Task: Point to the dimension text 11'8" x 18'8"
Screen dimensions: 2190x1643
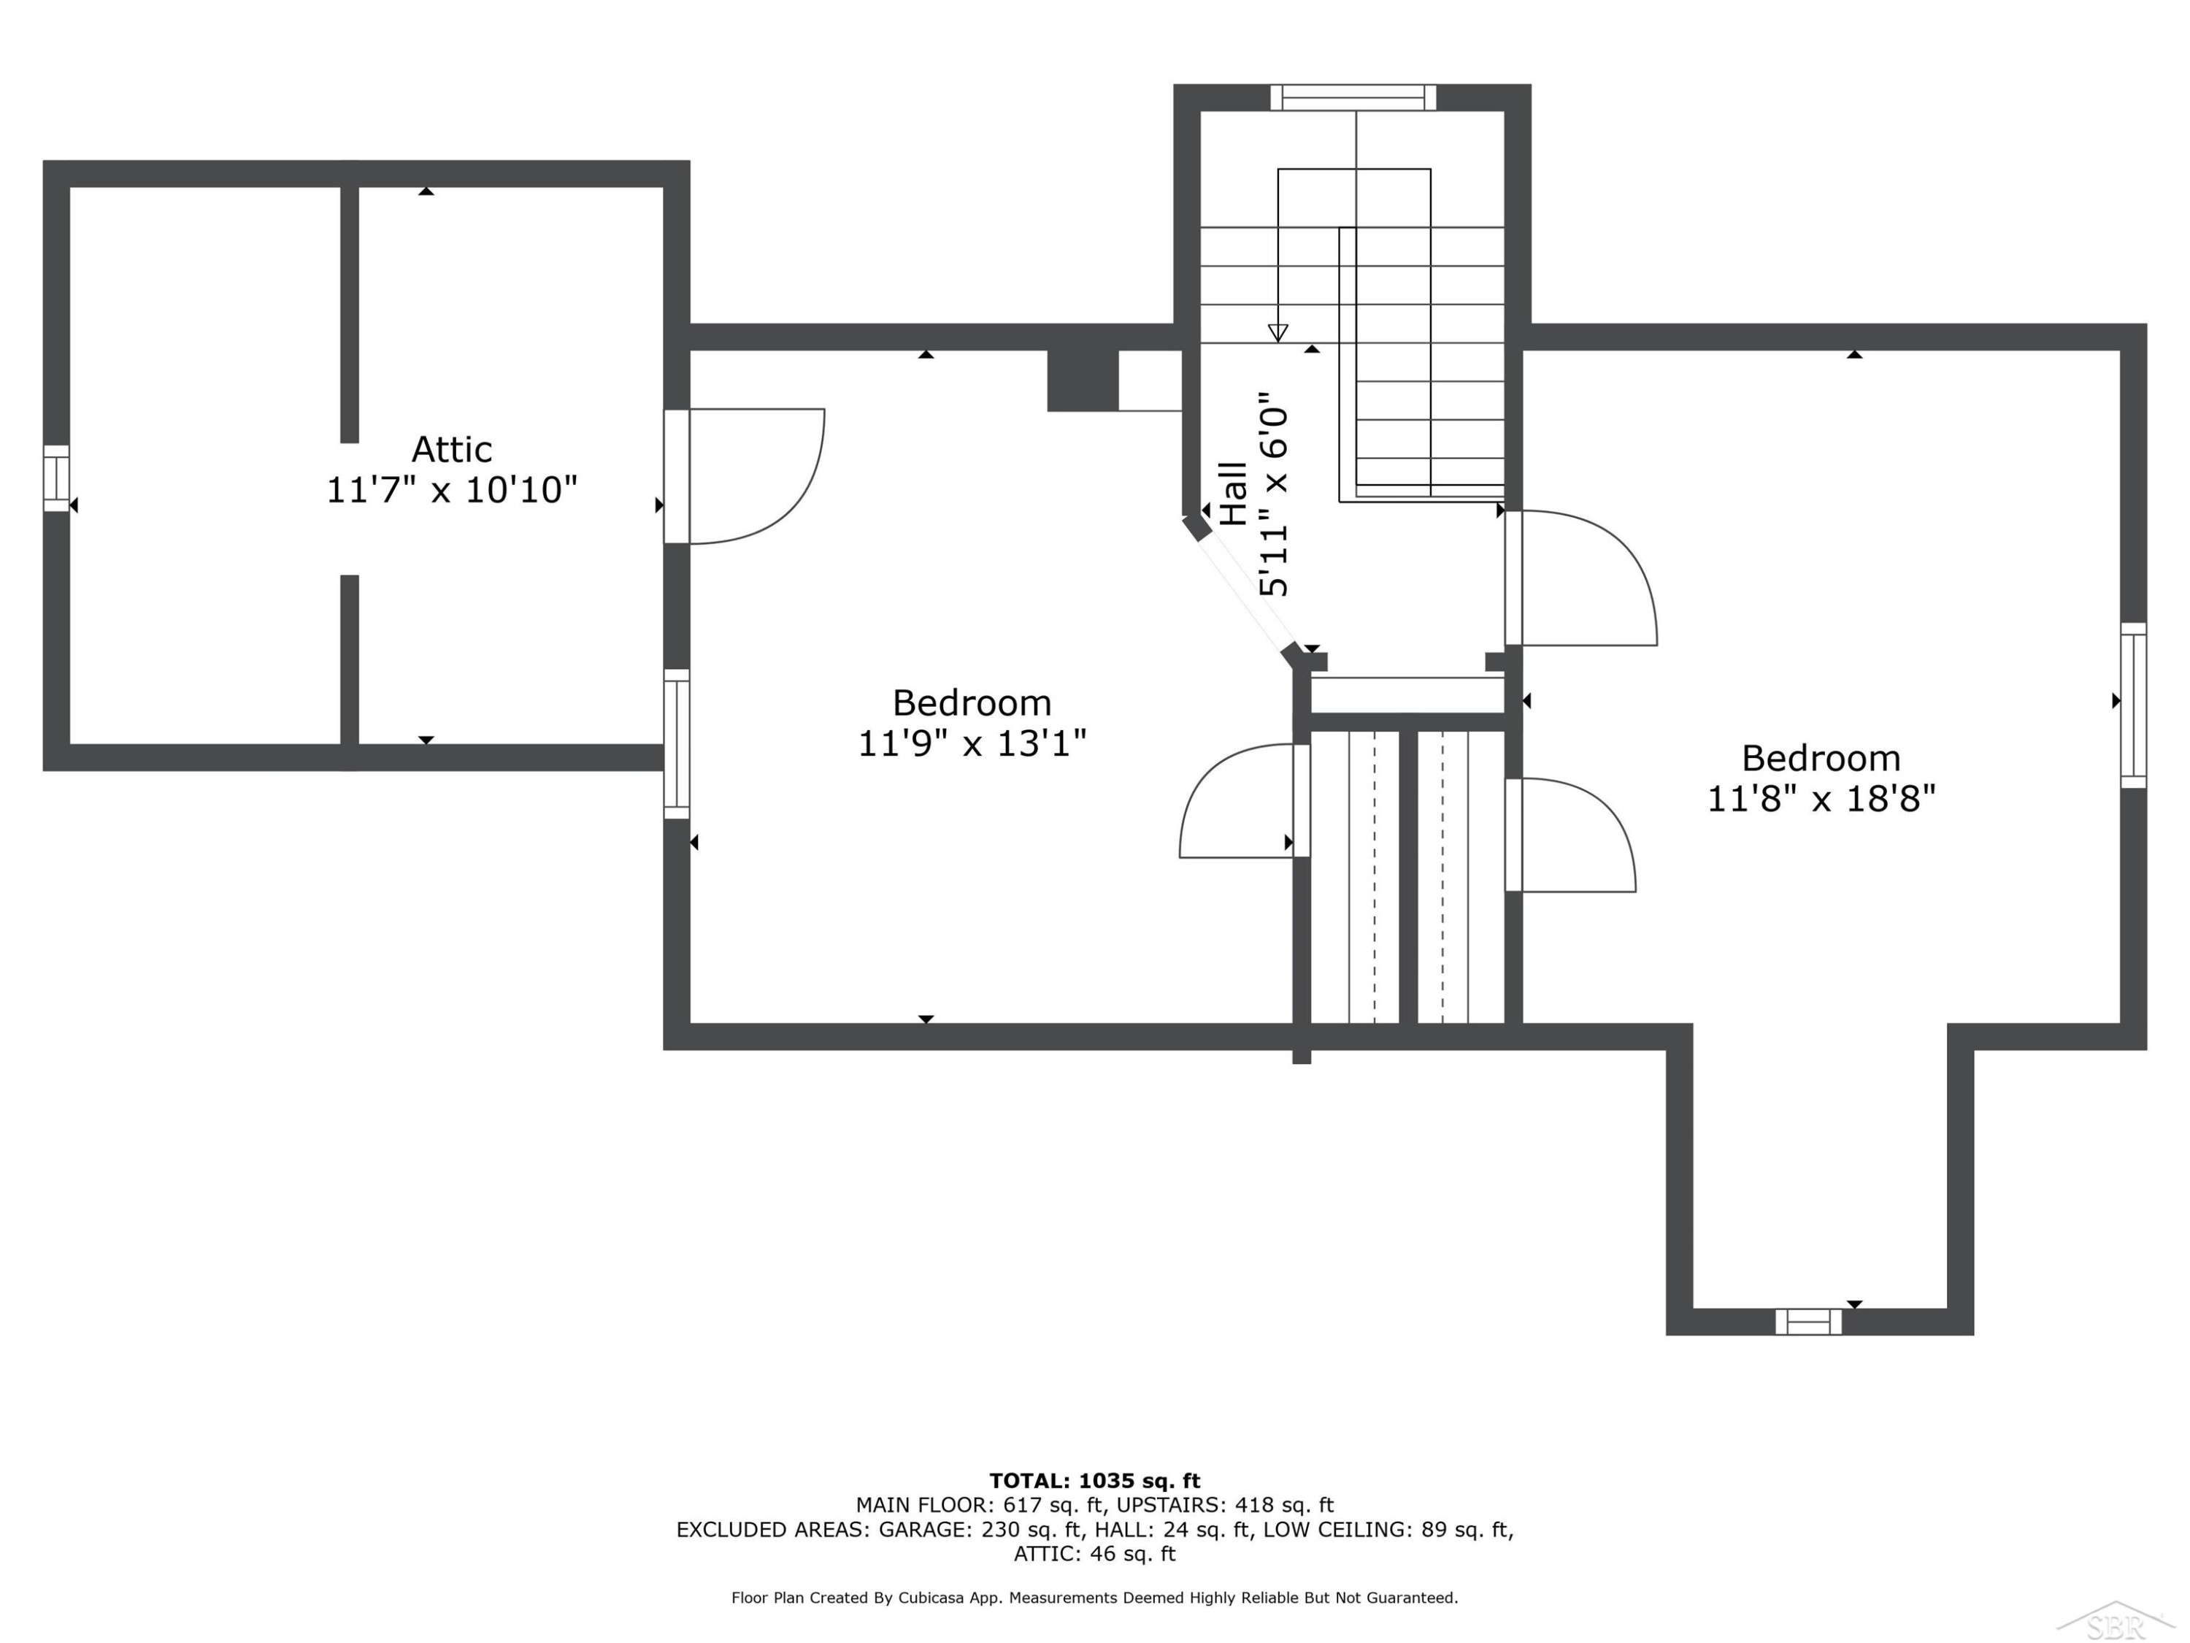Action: [1821, 798]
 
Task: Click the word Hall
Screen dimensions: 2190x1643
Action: [1234, 493]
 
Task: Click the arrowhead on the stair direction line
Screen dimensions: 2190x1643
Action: [1278, 333]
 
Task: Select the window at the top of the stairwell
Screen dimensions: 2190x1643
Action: [1353, 97]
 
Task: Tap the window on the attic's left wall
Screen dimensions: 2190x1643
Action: [56, 478]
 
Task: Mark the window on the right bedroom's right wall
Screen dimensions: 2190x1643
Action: [2134, 705]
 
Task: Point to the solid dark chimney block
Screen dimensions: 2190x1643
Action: [1083, 380]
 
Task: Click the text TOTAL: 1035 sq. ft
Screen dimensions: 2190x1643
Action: [1095, 1481]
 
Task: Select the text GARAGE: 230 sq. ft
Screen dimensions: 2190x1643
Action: [980, 1529]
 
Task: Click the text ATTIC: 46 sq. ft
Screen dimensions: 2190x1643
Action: [1095, 1554]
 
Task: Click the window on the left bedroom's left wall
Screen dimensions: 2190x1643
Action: [676, 744]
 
